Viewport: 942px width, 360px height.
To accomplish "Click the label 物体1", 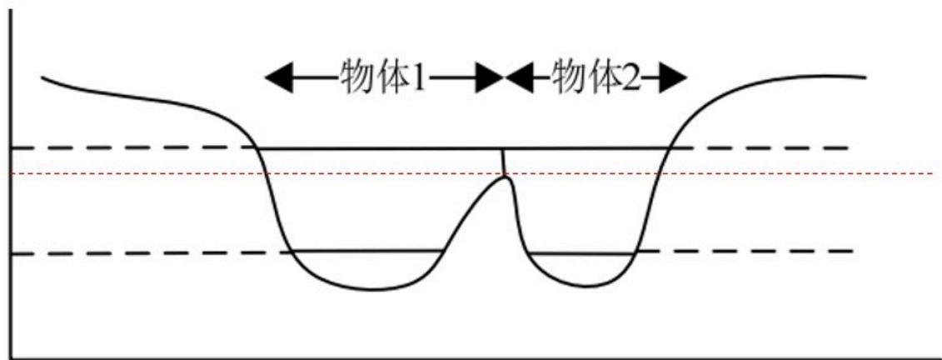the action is tap(382, 77).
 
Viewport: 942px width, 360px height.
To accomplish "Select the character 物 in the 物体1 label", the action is tap(357, 77).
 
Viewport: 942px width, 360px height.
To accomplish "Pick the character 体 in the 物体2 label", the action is tap(604, 77).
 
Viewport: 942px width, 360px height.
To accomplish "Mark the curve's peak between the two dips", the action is tap(505, 176).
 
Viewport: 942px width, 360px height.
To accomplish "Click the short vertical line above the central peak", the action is tap(503, 161).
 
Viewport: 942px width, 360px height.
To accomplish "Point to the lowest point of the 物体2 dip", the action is tap(581, 286).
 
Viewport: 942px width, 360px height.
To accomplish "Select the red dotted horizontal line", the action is tap(471, 173).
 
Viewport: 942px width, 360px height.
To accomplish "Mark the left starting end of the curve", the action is tap(42, 77).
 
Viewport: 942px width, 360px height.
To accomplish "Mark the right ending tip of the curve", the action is tap(865, 77).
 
